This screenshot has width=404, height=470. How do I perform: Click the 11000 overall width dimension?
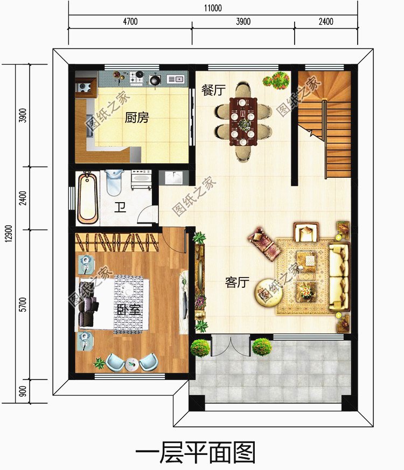[x=213, y=8]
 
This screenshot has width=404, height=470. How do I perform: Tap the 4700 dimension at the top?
[x=130, y=22]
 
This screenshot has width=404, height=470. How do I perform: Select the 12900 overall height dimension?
[x=9, y=233]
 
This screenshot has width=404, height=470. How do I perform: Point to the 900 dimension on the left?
[x=23, y=391]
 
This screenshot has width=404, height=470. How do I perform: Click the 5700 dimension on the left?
[x=23, y=305]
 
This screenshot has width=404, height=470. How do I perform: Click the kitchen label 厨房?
[x=137, y=118]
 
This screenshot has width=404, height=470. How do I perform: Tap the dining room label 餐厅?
[x=213, y=90]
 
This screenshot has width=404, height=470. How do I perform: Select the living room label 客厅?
[x=237, y=282]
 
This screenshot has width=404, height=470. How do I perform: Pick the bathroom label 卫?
[x=120, y=208]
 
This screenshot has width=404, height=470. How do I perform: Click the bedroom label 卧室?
[x=129, y=309]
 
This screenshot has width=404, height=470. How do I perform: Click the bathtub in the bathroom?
[x=87, y=197]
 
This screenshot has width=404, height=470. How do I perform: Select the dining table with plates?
[x=243, y=121]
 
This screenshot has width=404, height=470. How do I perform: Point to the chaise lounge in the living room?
[x=264, y=244]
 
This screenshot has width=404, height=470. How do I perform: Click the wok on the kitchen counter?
[x=155, y=79]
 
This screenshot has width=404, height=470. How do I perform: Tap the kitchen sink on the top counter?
[x=176, y=79]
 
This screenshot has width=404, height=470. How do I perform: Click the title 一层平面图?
[x=195, y=452]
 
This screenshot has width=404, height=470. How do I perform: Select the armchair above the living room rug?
[x=306, y=232]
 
